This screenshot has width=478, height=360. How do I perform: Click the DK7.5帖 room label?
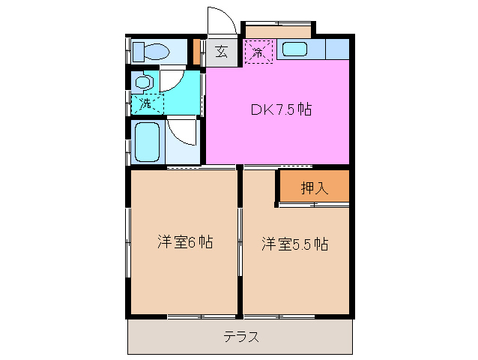click(281, 109)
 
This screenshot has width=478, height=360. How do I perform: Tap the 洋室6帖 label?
click(185, 242)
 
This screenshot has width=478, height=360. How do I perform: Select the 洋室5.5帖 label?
click(295, 244)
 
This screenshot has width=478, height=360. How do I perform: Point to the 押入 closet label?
click(315, 188)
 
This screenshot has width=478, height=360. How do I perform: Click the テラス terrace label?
click(241, 337)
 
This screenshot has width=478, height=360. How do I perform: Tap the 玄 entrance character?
click(222, 52)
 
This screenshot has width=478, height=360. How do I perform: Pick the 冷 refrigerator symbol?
click(258, 52)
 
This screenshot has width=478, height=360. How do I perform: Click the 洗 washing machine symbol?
click(146, 103)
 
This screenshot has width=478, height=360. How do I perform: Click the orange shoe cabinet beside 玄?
click(197, 51)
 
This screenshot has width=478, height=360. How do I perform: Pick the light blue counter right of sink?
click(338, 50)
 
